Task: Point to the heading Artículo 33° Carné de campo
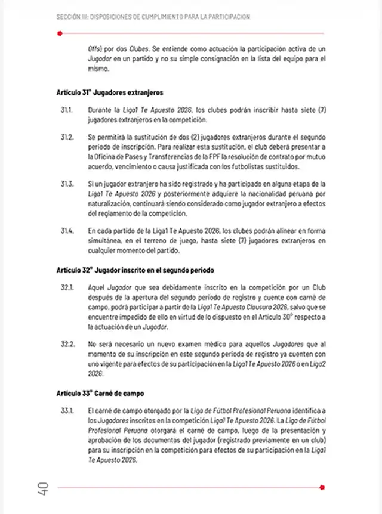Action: tap(100, 394)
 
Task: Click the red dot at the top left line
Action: tap(60, 33)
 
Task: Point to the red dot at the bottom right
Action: tap(322, 487)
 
